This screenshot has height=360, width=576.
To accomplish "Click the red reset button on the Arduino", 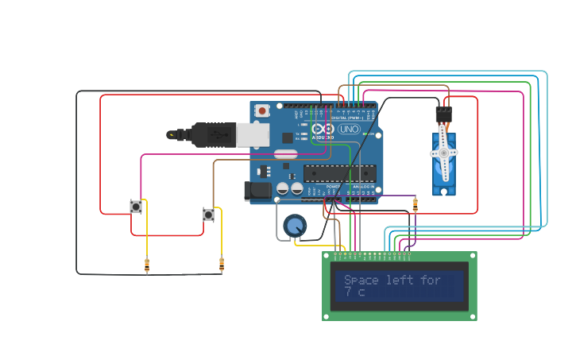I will [262, 111].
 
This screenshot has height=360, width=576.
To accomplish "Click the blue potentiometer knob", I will [295, 226].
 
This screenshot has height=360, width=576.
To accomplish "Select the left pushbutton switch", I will [136, 207].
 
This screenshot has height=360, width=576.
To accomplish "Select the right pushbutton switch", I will [208, 215].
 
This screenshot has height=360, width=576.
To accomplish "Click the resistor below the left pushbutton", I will [146, 265].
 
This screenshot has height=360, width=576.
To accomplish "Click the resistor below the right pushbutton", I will [221, 265].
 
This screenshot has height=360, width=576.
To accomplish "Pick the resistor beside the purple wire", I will [415, 205].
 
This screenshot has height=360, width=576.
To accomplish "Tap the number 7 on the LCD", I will [348, 292].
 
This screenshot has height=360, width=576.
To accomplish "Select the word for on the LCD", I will [430, 281].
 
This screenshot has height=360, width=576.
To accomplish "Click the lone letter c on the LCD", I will [361, 293].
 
